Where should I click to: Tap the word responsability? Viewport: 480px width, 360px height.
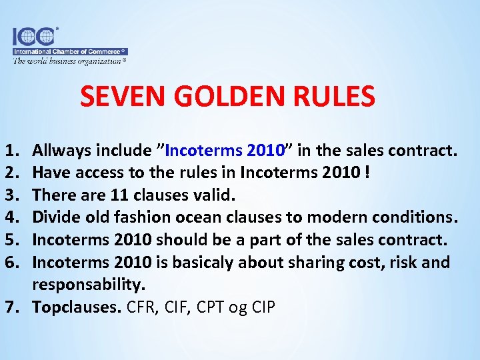88,285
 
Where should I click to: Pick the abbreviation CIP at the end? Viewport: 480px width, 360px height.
263,307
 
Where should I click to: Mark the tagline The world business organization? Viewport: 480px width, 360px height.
69,61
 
